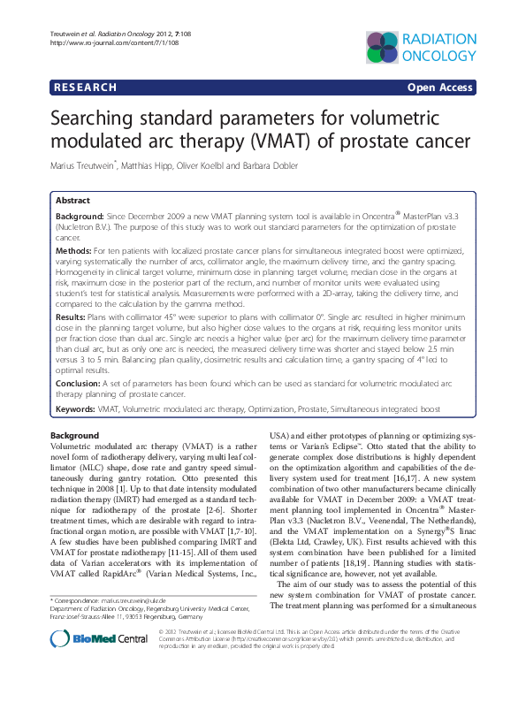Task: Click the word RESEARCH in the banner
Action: (x=85, y=88)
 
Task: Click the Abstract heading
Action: (x=72, y=201)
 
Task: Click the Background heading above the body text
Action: (x=74, y=436)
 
